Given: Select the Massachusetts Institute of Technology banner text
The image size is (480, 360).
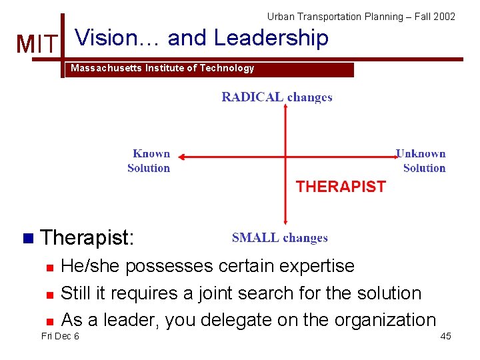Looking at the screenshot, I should [x=163, y=68].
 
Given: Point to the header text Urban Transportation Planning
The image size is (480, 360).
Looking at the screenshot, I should [x=328, y=16].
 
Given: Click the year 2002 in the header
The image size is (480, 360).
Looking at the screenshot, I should [x=444, y=16].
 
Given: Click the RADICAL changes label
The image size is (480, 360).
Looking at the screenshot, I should [x=277, y=97].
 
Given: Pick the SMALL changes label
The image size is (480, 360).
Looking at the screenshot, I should [x=279, y=238].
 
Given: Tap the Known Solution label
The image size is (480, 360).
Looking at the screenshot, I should [x=149, y=161].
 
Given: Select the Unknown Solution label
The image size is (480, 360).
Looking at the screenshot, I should [x=421, y=161].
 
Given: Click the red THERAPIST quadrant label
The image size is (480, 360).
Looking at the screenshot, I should [x=341, y=187].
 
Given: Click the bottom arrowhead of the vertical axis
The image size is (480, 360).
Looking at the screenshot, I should [x=285, y=223].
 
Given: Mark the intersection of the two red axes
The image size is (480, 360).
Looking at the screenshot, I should [x=285, y=158].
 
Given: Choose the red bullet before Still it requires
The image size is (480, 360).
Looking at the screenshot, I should [x=49, y=294].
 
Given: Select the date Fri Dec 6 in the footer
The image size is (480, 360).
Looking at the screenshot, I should [x=60, y=336].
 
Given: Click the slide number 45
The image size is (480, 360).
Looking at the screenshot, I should [x=445, y=336].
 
